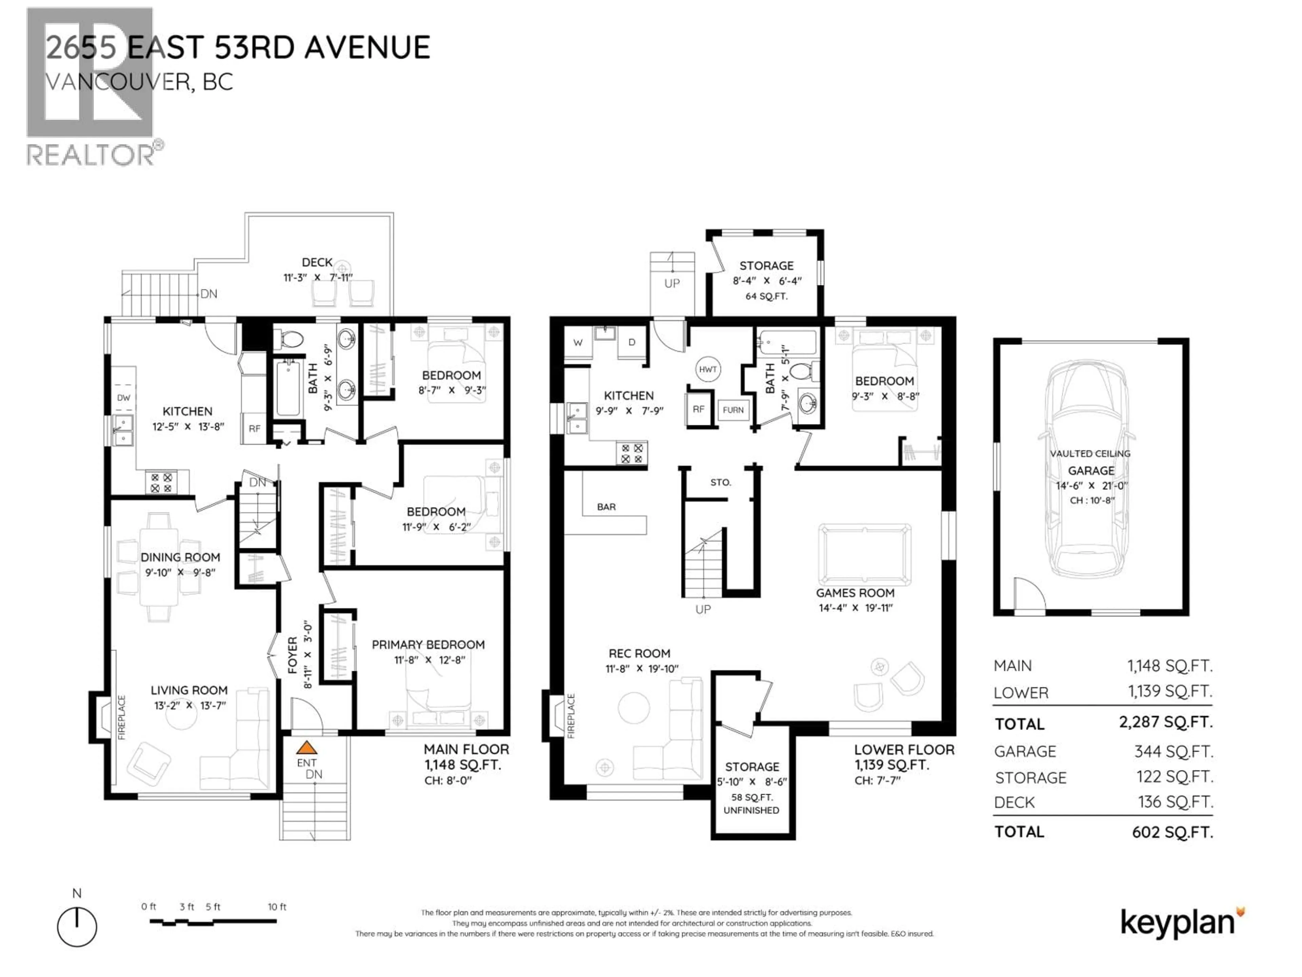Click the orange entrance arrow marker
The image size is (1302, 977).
(306, 748)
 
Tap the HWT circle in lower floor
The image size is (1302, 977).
(708, 369)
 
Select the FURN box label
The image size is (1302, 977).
(733, 410)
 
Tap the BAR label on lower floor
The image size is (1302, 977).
(606, 506)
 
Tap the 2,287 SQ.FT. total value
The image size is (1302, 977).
(1165, 722)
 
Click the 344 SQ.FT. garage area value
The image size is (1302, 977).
(1173, 751)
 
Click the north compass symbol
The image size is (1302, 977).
(77, 927)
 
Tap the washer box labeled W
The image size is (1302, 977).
(577, 343)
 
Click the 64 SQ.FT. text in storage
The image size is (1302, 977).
(766, 296)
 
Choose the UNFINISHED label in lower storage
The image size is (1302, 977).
(751, 810)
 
